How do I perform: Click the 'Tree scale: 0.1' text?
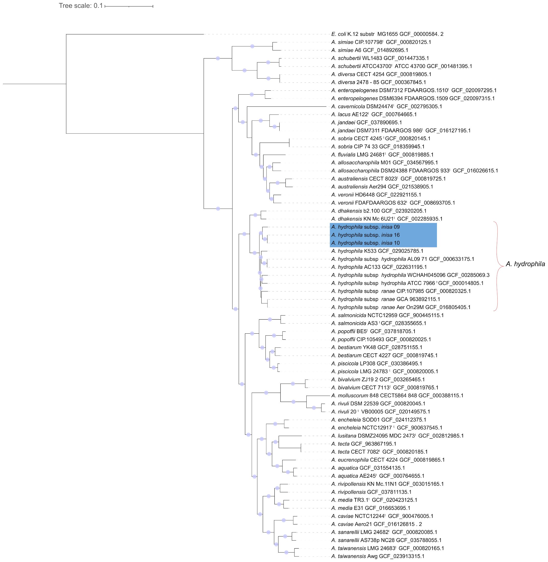tap(81, 6)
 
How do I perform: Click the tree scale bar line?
tap(129, 6)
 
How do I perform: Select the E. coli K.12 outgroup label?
tap(387, 34)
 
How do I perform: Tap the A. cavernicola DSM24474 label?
tap(386, 106)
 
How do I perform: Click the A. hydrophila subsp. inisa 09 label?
tap(365, 227)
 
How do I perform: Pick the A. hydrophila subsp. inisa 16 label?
tap(365, 235)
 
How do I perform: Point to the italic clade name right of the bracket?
tap(525, 264)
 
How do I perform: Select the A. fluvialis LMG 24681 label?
tap(382, 155)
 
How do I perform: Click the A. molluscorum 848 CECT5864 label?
tap(397, 396)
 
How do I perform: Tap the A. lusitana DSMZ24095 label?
tap(397, 436)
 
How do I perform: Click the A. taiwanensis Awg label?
tap(378, 556)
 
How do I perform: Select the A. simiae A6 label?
tap(369, 50)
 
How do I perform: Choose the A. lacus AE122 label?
tap(374, 114)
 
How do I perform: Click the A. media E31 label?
tap(371, 508)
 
